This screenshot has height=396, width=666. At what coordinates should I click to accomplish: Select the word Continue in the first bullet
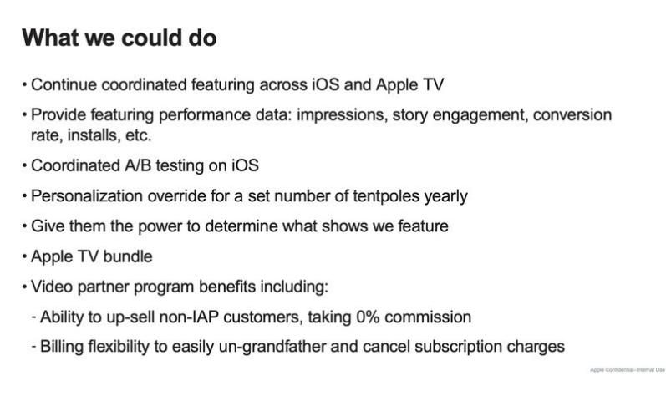coord(64,84)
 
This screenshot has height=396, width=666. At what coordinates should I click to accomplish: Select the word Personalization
coord(87,196)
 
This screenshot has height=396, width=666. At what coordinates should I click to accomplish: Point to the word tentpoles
coord(387,196)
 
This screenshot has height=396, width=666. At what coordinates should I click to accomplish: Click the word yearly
coord(446,197)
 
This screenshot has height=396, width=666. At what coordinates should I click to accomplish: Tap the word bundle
coord(128,256)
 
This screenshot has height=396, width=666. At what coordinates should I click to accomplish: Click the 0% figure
coord(368,317)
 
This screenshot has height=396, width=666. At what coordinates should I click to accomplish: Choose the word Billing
coord(63,347)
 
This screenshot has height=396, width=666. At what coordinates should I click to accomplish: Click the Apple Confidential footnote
coord(628,370)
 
